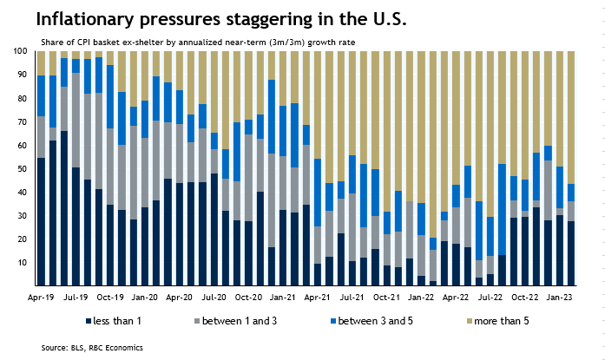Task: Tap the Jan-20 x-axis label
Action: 144,297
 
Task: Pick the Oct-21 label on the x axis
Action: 385,297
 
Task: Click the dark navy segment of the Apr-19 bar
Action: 41,222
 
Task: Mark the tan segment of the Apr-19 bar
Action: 41,63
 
